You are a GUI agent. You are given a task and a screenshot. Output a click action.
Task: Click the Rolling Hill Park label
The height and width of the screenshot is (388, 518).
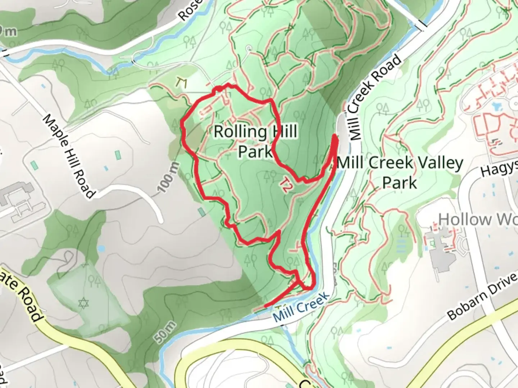(x=255, y=141)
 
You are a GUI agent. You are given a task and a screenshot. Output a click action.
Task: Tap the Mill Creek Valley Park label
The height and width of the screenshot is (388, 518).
(x=400, y=172)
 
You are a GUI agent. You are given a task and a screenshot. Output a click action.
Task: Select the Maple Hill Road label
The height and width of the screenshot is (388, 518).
(x=69, y=156)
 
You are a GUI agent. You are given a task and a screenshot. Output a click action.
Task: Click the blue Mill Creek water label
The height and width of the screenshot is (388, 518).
(x=301, y=307)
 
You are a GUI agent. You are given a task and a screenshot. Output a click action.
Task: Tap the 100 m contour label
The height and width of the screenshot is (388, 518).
(x=168, y=177)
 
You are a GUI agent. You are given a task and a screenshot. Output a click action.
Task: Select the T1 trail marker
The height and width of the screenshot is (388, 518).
(x=182, y=83)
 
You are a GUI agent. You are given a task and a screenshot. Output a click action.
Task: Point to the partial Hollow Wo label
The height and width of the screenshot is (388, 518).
(x=478, y=219)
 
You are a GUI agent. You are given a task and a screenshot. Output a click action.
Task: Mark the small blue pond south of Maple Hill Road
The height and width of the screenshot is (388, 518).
(x=101, y=248)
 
